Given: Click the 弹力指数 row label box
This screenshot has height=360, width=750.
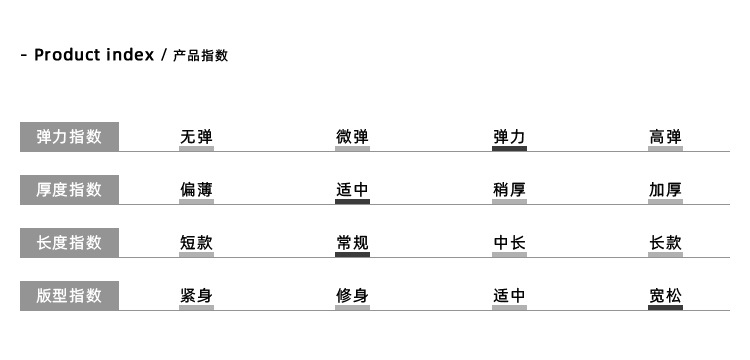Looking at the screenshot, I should [x=69, y=137].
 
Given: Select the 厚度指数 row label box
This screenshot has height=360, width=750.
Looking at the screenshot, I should [x=69, y=190].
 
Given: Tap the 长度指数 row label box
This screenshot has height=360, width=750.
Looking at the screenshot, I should [x=69, y=243].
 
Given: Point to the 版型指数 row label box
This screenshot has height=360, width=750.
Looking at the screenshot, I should [x=69, y=296].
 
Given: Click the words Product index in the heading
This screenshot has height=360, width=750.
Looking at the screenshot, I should [x=94, y=55].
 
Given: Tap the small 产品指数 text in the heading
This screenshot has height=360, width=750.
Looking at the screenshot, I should [x=200, y=56].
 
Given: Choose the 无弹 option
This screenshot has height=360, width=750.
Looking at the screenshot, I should [x=196, y=137].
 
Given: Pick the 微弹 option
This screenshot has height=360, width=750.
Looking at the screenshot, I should [x=352, y=137].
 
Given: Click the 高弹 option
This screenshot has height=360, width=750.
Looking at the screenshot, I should [x=665, y=137].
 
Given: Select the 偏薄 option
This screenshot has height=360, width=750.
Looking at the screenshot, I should [x=196, y=189].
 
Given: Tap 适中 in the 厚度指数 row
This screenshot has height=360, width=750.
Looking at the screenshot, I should [x=352, y=189].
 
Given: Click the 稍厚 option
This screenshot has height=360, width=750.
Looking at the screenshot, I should [x=509, y=189].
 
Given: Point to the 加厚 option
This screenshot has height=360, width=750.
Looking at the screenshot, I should [x=665, y=189].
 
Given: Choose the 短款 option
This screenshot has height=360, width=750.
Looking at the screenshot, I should [x=196, y=242].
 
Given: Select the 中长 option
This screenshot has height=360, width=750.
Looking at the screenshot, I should [x=509, y=242].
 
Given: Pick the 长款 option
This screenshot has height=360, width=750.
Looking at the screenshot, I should [x=665, y=242].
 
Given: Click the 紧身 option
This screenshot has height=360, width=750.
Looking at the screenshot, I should [x=196, y=295].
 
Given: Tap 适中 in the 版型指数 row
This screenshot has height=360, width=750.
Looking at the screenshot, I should [x=509, y=295].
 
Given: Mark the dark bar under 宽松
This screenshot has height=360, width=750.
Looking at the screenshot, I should [x=665, y=308].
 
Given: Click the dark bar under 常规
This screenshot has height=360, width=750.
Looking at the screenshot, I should [x=352, y=255].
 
